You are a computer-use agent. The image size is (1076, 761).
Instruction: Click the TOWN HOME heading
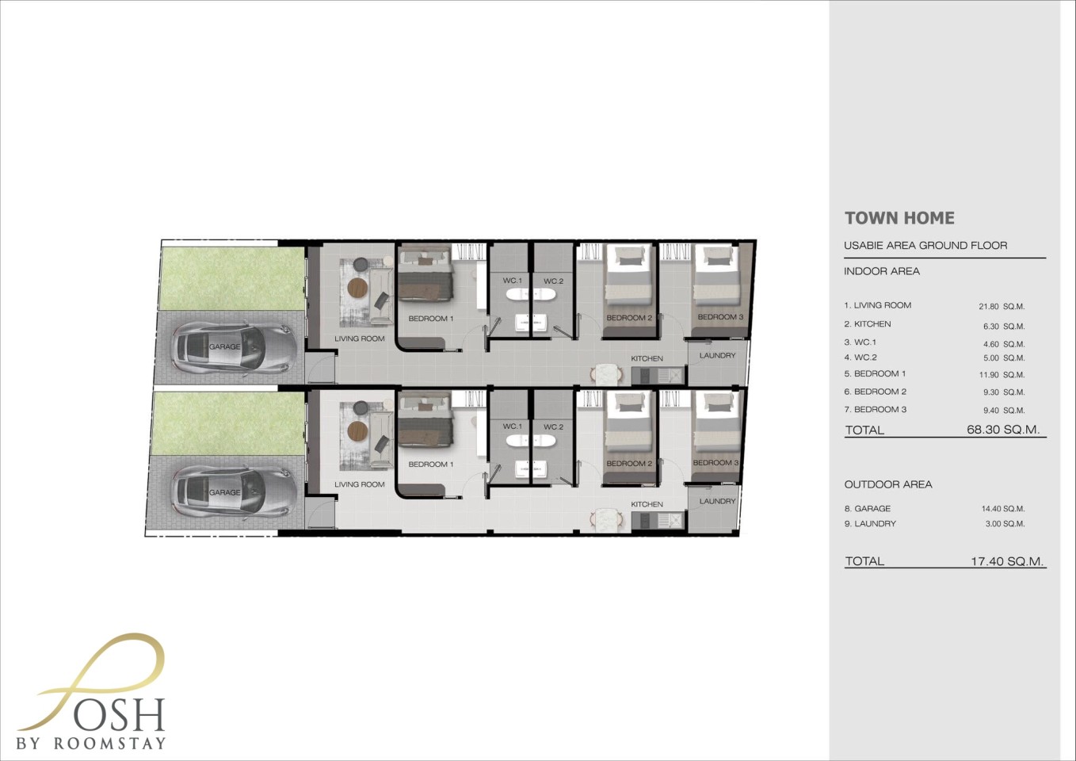click(899, 218)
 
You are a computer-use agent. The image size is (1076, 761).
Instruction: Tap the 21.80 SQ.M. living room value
click(1002, 306)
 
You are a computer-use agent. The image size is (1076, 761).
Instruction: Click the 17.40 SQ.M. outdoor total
click(1007, 560)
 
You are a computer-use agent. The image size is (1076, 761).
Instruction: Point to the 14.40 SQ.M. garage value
click(1003, 508)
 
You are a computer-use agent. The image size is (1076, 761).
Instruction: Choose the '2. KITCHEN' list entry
click(868, 323)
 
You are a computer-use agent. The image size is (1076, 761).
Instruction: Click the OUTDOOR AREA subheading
click(888, 484)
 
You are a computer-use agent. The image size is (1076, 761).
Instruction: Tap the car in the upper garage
click(234, 347)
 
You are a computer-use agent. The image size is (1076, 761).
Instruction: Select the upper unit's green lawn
click(232, 279)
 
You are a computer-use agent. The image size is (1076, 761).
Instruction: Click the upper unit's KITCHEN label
click(647, 358)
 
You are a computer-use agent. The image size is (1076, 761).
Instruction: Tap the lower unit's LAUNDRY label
click(717, 501)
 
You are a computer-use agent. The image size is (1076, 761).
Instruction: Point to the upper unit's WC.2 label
click(553, 281)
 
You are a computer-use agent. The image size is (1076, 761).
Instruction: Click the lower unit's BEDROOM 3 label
click(715, 463)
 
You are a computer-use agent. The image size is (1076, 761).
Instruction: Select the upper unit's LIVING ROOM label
click(359, 338)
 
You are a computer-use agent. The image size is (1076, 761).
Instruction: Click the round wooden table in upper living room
click(357, 287)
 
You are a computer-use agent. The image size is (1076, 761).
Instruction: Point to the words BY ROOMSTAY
click(91, 744)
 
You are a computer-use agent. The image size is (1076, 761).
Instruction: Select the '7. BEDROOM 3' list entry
click(876, 409)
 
